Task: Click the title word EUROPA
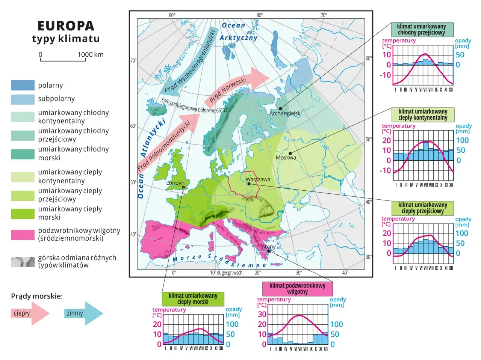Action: coord(66,26)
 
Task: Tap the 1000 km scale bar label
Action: coord(90,54)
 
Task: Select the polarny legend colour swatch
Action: coord(23,86)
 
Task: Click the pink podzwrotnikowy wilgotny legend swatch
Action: coord(23,235)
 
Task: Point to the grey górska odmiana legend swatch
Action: coord(23,262)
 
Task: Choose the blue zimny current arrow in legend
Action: coord(83,313)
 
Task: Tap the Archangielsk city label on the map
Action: coord(285,113)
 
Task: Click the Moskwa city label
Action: coord(286,158)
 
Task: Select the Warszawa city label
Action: coord(258,179)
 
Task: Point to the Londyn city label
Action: coord(175,183)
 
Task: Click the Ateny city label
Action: coord(268,247)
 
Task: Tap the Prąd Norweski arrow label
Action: coord(228,90)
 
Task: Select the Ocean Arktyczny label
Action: coord(238,32)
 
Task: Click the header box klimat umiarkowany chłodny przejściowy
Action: coord(422,29)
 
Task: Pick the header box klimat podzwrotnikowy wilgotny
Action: coord(297,289)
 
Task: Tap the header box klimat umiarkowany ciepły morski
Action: coord(193,299)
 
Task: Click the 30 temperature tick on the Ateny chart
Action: coord(262,314)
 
